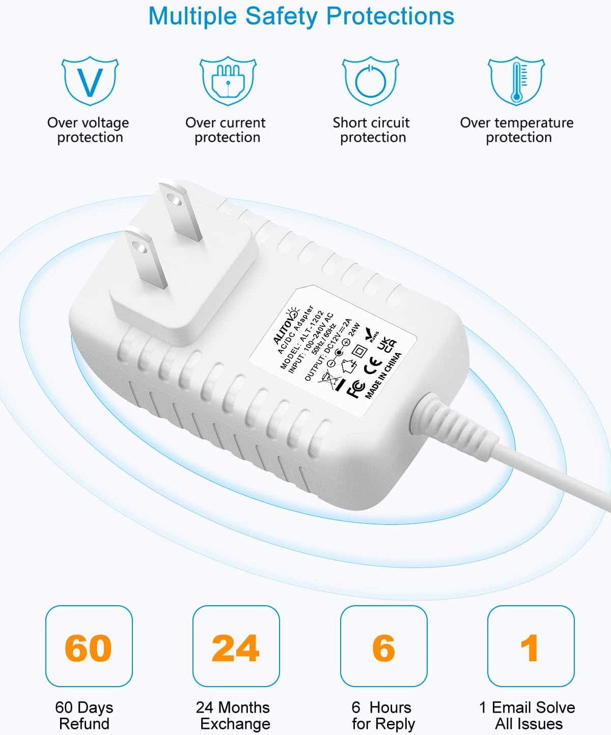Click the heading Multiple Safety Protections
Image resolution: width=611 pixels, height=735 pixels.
(301, 16)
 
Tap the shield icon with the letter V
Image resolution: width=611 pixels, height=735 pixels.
(90, 80)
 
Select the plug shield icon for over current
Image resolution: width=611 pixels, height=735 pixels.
(228, 80)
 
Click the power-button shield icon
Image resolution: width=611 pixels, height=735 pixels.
(370, 80)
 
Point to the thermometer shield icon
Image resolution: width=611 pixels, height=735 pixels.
(516, 80)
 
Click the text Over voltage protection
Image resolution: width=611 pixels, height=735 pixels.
(89, 130)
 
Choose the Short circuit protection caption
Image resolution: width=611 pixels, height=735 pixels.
(372, 130)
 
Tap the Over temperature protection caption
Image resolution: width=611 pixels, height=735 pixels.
(517, 130)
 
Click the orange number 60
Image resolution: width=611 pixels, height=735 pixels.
(88, 648)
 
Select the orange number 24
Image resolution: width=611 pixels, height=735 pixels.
(236, 648)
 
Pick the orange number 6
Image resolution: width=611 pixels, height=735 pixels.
(383, 648)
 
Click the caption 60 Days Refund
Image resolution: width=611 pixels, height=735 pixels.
(85, 715)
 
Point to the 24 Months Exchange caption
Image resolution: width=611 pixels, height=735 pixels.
(233, 715)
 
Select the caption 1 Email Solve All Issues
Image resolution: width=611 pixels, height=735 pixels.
(527, 715)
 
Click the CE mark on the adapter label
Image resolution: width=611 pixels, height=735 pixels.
(374, 362)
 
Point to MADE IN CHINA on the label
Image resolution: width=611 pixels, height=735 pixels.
(383, 375)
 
